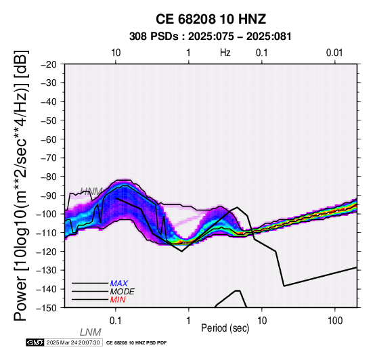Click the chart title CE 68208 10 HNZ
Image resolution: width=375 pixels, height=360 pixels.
[x=211, y=19]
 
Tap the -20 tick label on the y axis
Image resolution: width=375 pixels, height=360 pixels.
[x=49, y=64]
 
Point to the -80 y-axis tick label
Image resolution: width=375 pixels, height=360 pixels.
[x=49, y=177]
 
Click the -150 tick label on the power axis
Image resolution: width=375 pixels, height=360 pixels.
[x=47, y=308]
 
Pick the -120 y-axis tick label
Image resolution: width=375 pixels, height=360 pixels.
[x=47, y=252]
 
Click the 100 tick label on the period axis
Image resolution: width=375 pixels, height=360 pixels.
[x=335, y=321]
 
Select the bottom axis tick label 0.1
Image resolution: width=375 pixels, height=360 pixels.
[x=116, y=321]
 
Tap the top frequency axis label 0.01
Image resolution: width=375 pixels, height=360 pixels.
[x=334, y=53]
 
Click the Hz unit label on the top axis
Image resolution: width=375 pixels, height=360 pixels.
[x=225, y=53]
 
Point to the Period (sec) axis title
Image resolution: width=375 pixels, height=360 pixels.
[x=225, y=328]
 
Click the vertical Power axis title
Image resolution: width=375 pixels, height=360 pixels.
[x=21, y=185]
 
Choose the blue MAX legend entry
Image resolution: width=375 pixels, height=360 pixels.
[x=119, y=284]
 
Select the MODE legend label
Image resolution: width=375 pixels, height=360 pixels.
[x=123, y=292]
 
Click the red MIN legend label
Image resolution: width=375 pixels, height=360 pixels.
[x=118, y=300]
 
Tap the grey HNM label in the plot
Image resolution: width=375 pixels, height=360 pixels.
[x=91, y=191]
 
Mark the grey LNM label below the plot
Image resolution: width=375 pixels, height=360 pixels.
[x=91, y=332]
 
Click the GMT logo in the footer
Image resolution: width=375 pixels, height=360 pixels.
[x=35, y=342]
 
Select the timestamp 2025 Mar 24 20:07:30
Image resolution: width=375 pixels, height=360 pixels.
[x=73, y=342]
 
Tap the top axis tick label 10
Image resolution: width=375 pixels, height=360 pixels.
[x=116, y=53]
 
